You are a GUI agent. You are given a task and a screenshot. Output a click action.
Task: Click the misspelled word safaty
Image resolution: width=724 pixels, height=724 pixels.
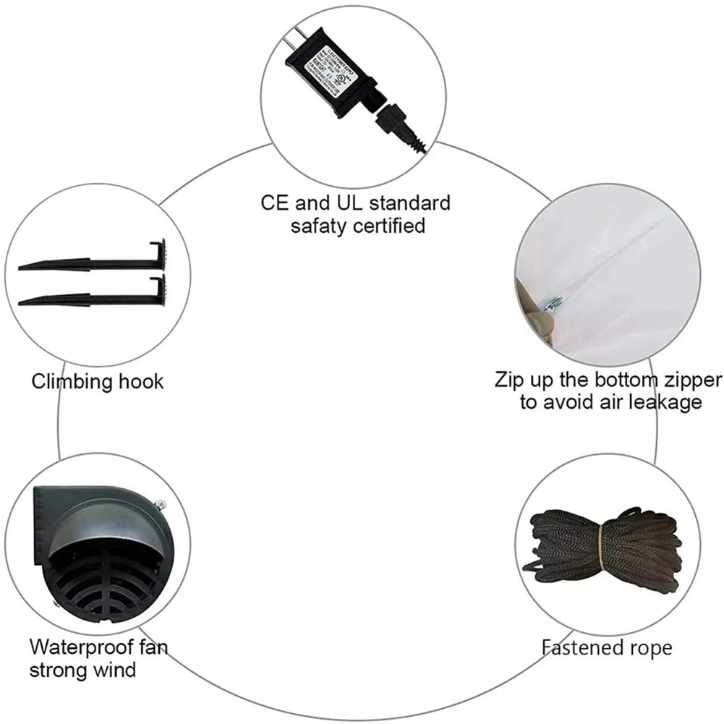319,226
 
